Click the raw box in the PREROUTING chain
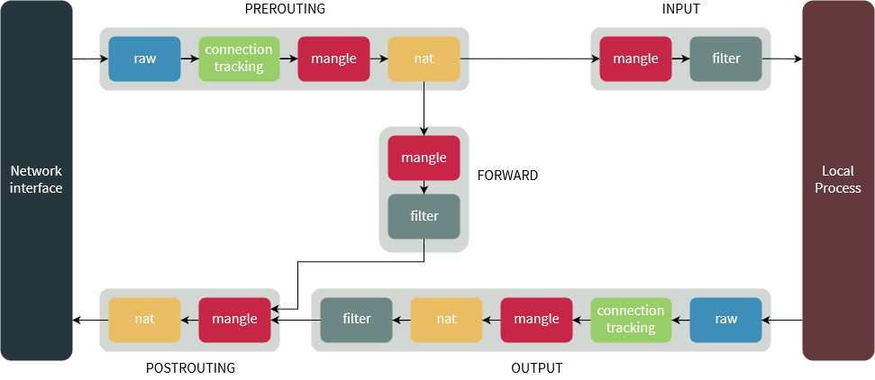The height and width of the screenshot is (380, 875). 144,59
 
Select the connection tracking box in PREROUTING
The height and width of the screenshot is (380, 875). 239,59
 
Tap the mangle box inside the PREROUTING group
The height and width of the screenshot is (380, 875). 334,59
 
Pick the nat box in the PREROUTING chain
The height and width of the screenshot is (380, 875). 424,59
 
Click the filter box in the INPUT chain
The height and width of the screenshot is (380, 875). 726,59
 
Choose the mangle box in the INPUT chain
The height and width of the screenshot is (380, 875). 635,59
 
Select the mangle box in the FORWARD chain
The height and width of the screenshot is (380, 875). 424,158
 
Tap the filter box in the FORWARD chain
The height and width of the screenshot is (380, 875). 424,216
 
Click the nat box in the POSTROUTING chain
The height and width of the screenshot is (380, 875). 144,320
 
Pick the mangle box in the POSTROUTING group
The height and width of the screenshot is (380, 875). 235,320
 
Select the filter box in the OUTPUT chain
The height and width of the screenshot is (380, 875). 357,320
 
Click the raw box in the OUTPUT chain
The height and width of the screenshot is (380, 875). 726,320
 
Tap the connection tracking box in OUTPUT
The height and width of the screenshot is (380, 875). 631,320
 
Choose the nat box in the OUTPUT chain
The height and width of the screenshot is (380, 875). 446,320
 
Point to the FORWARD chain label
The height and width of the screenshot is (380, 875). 508,176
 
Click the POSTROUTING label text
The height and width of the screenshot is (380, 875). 190,368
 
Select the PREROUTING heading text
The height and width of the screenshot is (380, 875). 285,9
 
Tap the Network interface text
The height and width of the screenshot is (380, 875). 36,180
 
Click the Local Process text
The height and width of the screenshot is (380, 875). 838,180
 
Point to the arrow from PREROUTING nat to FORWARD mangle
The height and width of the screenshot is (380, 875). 424,108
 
